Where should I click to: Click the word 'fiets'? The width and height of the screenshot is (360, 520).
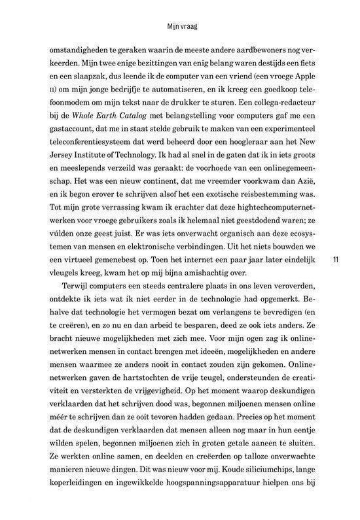pyautogui.click(x=305, y=65)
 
